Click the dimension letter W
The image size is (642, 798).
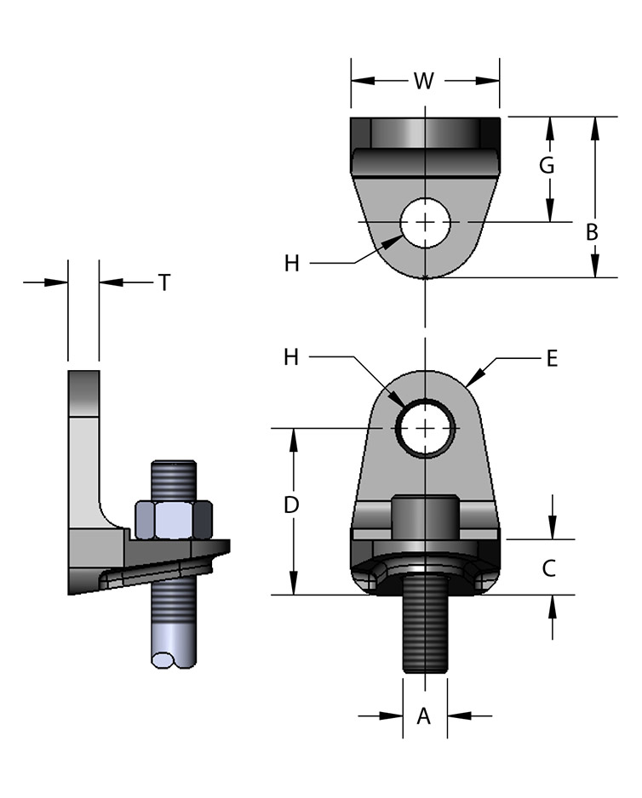424,81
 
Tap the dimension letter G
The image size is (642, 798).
547,165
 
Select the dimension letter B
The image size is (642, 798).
593,231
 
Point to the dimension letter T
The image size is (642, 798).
163,282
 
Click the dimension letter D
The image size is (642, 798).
291,504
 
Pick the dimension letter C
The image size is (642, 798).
549,567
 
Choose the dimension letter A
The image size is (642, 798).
423,716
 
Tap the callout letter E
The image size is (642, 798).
552,359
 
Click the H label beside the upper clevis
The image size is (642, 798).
292,264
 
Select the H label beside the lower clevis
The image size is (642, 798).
292,357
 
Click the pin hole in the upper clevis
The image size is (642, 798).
425,222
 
